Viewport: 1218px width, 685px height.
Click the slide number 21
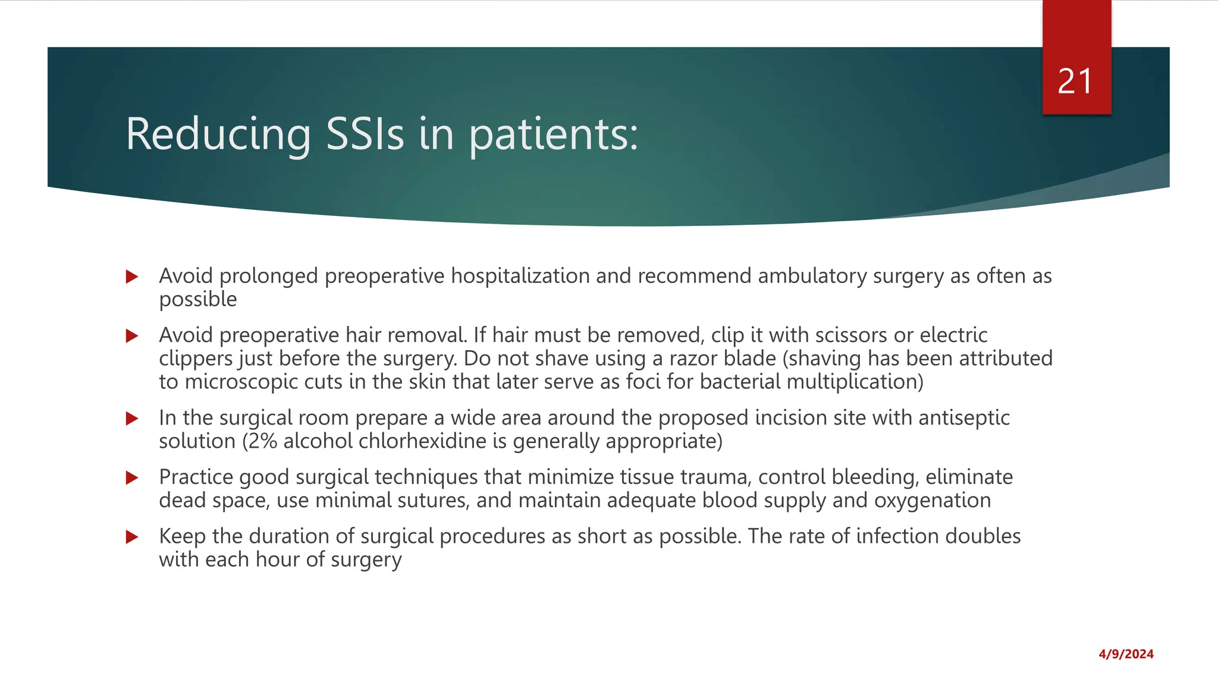(x=1075, y=81)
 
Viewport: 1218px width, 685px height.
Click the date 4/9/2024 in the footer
(x=1126, y=654)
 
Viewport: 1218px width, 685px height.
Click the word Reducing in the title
(x=218, y=134)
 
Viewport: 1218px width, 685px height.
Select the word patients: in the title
(x=553, y=134)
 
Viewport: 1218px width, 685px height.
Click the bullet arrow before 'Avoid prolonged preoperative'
(x=132, y=276)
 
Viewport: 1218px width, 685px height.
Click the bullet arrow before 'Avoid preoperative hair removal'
(x=132, y=336)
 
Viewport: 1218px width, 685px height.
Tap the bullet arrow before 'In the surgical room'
(x=132, y=419)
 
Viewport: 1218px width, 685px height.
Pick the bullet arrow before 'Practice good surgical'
(x=132, y=477)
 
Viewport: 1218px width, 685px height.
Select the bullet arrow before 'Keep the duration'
(x=132, y=537)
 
